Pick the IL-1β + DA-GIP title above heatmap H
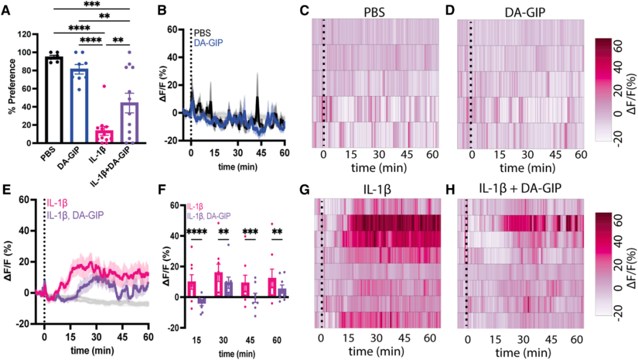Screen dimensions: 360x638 coord(519,190)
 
